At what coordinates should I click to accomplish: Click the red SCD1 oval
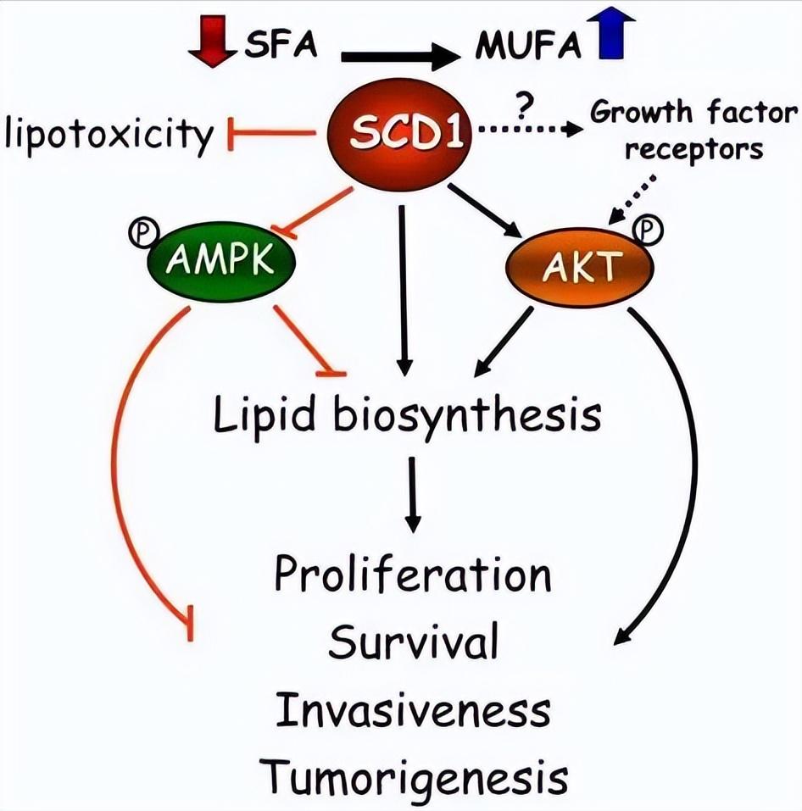point(396,133)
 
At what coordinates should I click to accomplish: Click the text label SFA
point(280,45)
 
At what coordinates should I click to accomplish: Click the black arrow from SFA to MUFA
point(399,58)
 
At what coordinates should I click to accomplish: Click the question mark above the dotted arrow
point(523,107)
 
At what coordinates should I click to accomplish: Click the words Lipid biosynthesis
point(408,416)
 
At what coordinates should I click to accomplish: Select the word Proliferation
point(413,575)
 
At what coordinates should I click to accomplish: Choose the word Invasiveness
point(413,709)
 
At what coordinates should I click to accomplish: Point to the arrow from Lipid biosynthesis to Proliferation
point(413,495)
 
